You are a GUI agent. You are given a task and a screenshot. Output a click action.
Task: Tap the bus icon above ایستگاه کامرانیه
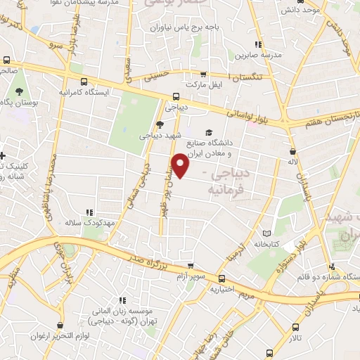(x=84, y=81)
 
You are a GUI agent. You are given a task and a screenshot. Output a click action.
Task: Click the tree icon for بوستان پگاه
(x=19, y=91)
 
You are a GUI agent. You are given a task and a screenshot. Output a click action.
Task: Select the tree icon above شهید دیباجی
(x=160, y=124)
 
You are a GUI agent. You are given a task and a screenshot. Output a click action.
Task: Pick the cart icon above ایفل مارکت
(x=203, y=75)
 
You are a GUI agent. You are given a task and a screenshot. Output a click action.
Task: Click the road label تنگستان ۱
(x=247, y=76)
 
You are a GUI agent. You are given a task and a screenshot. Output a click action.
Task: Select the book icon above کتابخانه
(x=265, y=233)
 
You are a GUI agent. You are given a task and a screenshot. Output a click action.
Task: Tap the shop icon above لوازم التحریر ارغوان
(x=68, y=326)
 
